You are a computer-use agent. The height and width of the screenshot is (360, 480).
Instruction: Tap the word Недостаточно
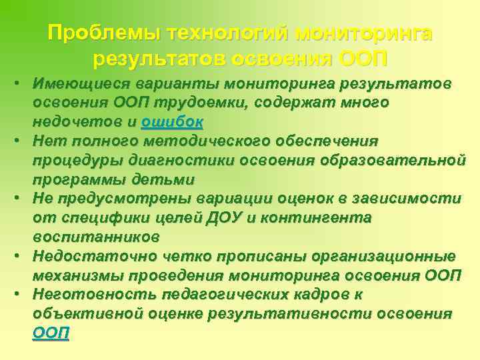(x=92, y=257)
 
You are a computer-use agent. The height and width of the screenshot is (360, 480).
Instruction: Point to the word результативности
(x=291, y=314)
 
